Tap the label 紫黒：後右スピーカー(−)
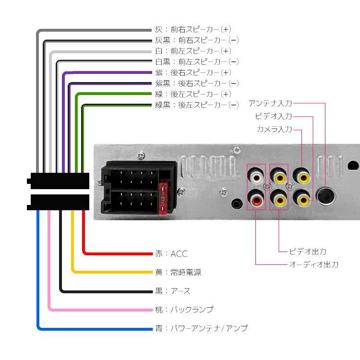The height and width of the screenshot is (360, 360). click(x=197, y=83)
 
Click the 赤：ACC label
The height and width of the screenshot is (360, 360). click(x=171, y=253)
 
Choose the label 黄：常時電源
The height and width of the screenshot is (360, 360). click(x=178, y=272)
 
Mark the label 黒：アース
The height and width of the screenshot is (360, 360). click(x=172, y=291)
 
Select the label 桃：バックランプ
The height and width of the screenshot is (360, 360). click(x=184, y=310)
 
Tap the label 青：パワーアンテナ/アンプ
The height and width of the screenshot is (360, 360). click(x=201, y=328)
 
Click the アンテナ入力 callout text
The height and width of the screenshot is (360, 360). click(x=270, y=103)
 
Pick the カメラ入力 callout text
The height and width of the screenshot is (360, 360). click(x=274, y=129)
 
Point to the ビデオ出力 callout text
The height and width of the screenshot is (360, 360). click(x=308, y=252)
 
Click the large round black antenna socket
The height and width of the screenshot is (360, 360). click(x=327, y=195)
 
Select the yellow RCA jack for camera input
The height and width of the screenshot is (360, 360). click(x=302, y=177)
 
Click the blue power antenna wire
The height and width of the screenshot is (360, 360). click(x=96, y=329)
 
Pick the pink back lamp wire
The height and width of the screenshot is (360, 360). click(x=96, y=310)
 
